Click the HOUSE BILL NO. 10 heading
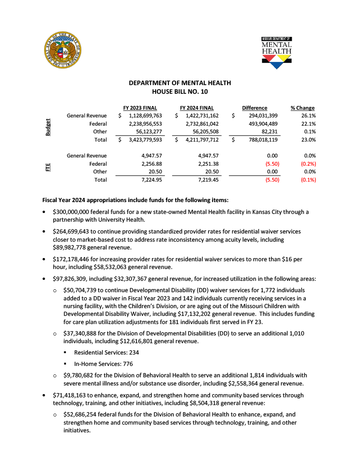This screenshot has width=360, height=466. click(x=180, y=91)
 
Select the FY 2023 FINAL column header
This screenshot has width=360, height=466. click(x=140, y=108)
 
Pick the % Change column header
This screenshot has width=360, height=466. click(x=303, y=108)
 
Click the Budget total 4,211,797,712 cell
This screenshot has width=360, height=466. click(x=199, y=140)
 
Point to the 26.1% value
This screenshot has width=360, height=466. click(x=309, y=116)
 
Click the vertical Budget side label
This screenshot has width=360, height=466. click(x=48, y=128)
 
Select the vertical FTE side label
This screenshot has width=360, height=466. click(x=48, y=167)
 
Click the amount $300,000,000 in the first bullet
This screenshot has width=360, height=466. click(x=75, y=212)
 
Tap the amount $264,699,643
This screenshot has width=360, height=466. click(x=75, y=232)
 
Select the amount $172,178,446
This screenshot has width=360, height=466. click(x=75, y=259)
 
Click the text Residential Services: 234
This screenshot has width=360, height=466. click(x=106, y=353)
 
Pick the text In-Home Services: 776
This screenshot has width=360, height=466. click(x=103, y=364)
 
